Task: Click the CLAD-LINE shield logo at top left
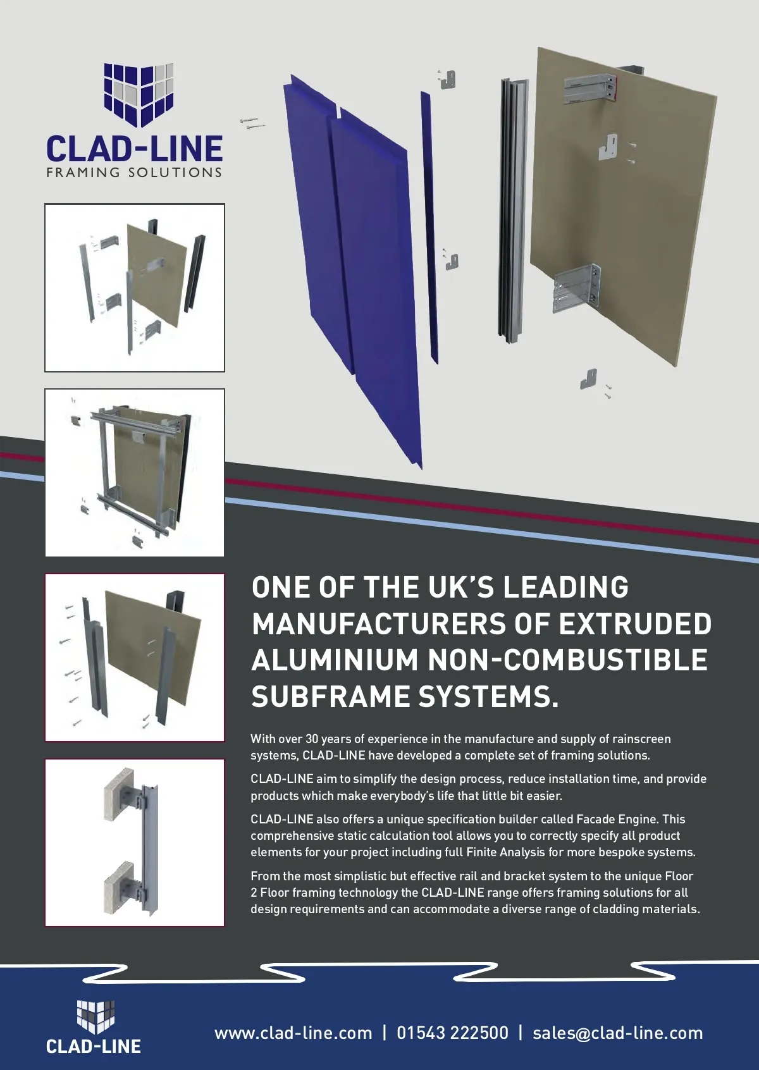[139, 95]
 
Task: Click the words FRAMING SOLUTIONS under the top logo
[134, 173]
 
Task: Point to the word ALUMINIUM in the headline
[335, 660]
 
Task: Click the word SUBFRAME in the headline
[330, 696]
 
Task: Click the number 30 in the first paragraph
[311, 739]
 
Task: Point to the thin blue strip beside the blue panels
[429, 228]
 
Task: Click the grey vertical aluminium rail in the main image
[514, 210]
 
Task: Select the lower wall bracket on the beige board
[576, 288]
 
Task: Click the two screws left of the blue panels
[252, 123]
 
